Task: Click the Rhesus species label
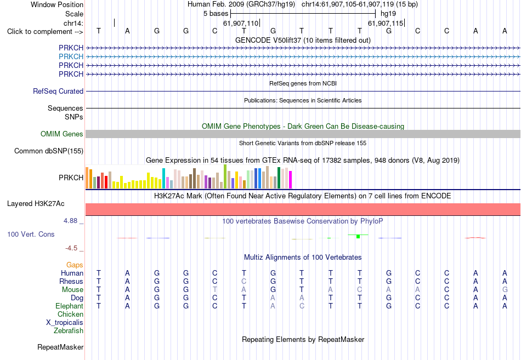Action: coord(71,281)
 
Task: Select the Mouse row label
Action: coord(72,290)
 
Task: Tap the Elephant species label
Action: coord(70,306)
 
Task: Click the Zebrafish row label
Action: coord(69,331)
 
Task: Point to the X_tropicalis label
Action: coord(65,323)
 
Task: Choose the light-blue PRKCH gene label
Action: coord(71,57)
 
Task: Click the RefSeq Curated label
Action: coord(58,92)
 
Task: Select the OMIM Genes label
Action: coord(62,134)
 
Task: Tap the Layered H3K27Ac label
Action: coord(36,204)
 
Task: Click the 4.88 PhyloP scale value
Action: coord(70,221)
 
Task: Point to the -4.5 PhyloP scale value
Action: coord(71,248)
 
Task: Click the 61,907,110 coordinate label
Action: coord(241,23)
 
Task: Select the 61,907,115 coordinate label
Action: coord(386,23)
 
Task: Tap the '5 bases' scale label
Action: coord(216,14)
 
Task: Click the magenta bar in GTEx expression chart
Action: coord(291,180)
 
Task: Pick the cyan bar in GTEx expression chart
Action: coord(163,178)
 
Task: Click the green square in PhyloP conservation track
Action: coord(358,237)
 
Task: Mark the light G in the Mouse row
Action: coord(505,290)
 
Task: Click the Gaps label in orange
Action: coord(75,265)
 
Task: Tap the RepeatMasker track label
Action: coord(60,347)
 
